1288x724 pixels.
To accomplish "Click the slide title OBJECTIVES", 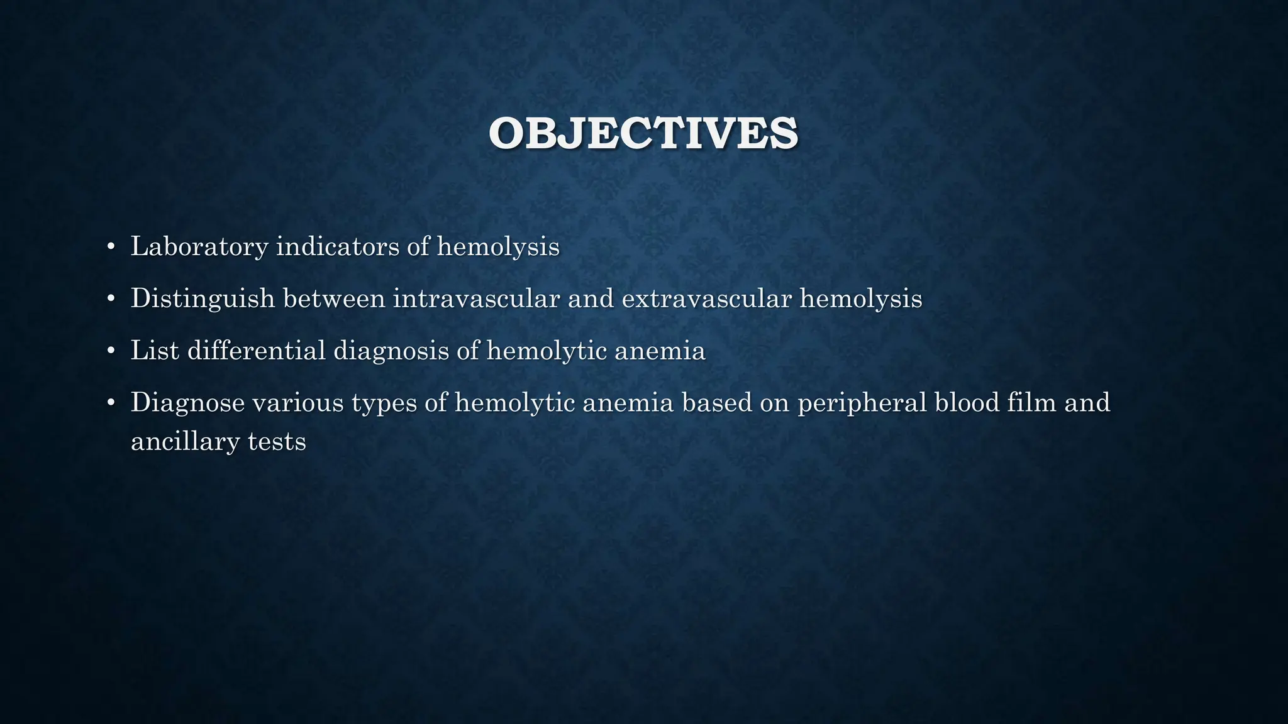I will click(x=643, y=134).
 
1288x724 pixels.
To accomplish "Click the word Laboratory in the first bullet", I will click(x=199, y=246).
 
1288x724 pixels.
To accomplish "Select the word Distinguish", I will click(x=203, y=299).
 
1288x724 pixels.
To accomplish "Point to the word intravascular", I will click(x=476, y=298).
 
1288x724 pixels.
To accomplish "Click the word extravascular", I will click(x=706, y=298).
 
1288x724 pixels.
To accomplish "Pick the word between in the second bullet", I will click(x=334, y=298).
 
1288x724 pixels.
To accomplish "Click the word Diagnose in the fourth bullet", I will click(x=187, y=403).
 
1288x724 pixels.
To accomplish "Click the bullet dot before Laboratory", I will click(x=111, y=246).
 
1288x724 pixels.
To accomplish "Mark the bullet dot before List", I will click(x=111, y=351).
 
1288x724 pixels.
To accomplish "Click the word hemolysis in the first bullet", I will click(x=498, y=246).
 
